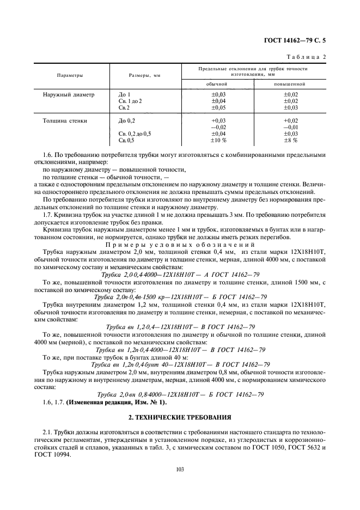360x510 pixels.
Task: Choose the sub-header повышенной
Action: point(290,84)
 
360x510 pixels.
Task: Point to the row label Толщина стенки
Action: point(67,120)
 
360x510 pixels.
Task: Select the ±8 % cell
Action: point(290,141)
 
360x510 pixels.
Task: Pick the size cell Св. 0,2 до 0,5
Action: point(135,133)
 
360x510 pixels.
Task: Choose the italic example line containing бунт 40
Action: point(180,365)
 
